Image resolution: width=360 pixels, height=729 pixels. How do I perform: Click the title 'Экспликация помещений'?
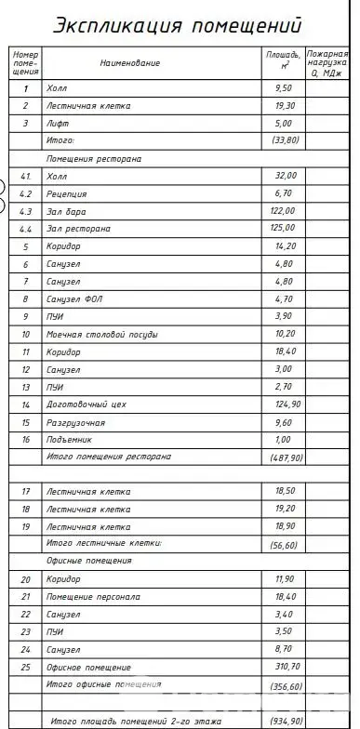(178, 25)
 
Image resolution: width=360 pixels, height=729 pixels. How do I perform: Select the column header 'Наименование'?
(130, 63)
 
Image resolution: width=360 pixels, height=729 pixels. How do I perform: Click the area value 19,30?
(284, 106)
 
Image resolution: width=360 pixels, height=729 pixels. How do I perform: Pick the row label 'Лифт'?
(58, 123)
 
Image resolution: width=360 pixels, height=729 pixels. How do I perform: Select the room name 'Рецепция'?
(66, 193)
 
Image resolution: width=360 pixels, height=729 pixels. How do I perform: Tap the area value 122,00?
(284, 211)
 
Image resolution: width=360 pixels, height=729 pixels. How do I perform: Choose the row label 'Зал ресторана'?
(78, 229)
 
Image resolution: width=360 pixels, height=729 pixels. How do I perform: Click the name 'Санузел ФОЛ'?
(73, 298)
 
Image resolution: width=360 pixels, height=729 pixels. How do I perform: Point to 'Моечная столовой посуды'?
(101, 334)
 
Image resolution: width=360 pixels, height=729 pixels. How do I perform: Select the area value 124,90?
(284, 404)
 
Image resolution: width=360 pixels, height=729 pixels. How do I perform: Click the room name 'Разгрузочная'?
(75, 421)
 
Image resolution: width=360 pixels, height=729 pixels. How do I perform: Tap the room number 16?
(26, 439)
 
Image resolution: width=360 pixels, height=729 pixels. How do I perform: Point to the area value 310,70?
(284, 667)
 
